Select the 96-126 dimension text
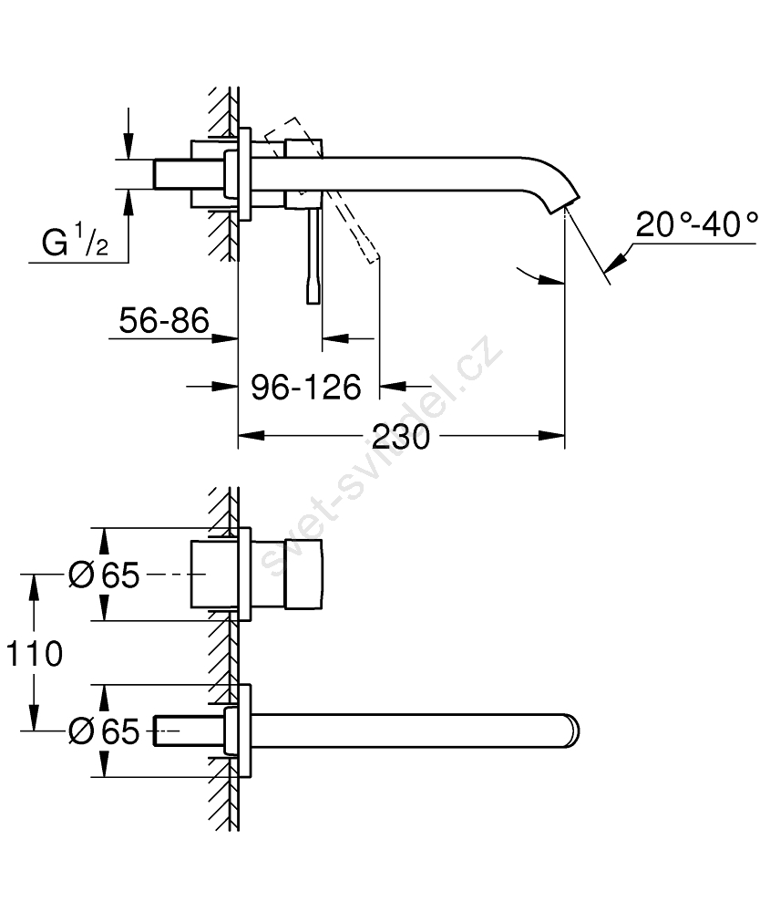pyautogui.click(x=305, y=387)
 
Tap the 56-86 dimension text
pyautogui.click(x=164, y=320)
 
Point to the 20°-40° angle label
pyautogui.click(x=697, y=223)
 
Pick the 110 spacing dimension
pyautogui.click(x=34, y=653)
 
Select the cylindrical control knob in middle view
pyautogui.click(x=304, y=575)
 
